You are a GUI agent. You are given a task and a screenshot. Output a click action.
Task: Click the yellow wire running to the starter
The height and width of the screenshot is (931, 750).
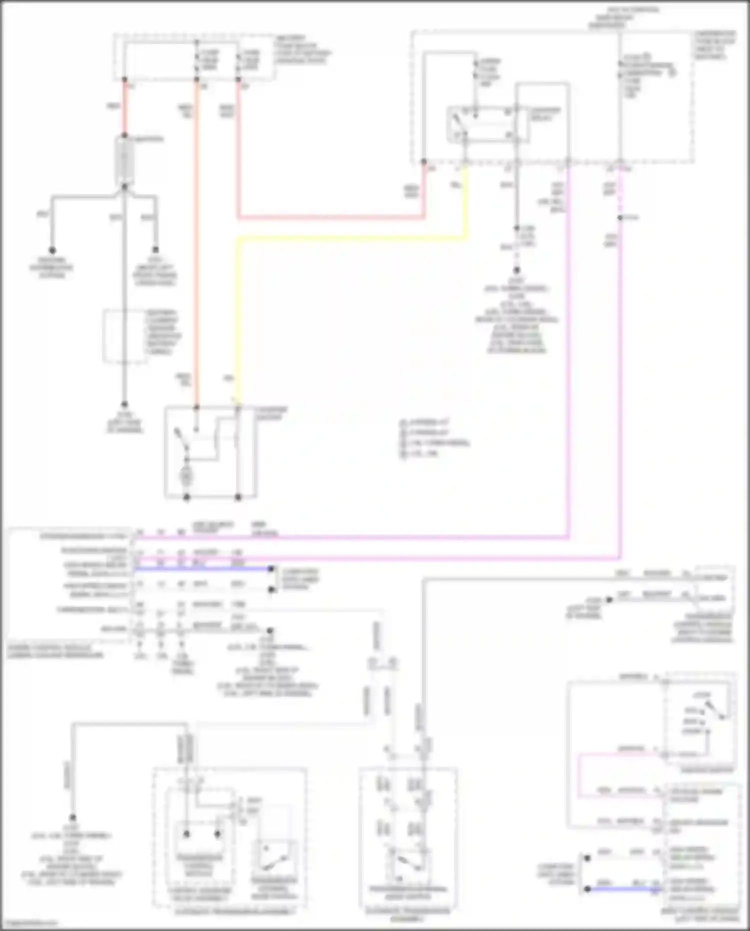click(x=237, y=320)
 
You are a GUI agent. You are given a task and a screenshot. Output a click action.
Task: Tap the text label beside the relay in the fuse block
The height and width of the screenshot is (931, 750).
click(x=545, y=114)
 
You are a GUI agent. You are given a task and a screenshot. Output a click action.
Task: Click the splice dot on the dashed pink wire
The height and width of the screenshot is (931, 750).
click(x=620, y=218)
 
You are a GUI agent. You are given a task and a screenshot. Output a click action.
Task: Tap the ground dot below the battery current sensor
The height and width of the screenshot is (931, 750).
click(x=124, y=404)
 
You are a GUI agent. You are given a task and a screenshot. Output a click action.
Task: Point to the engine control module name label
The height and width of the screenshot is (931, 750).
click(x=55, y=651)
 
